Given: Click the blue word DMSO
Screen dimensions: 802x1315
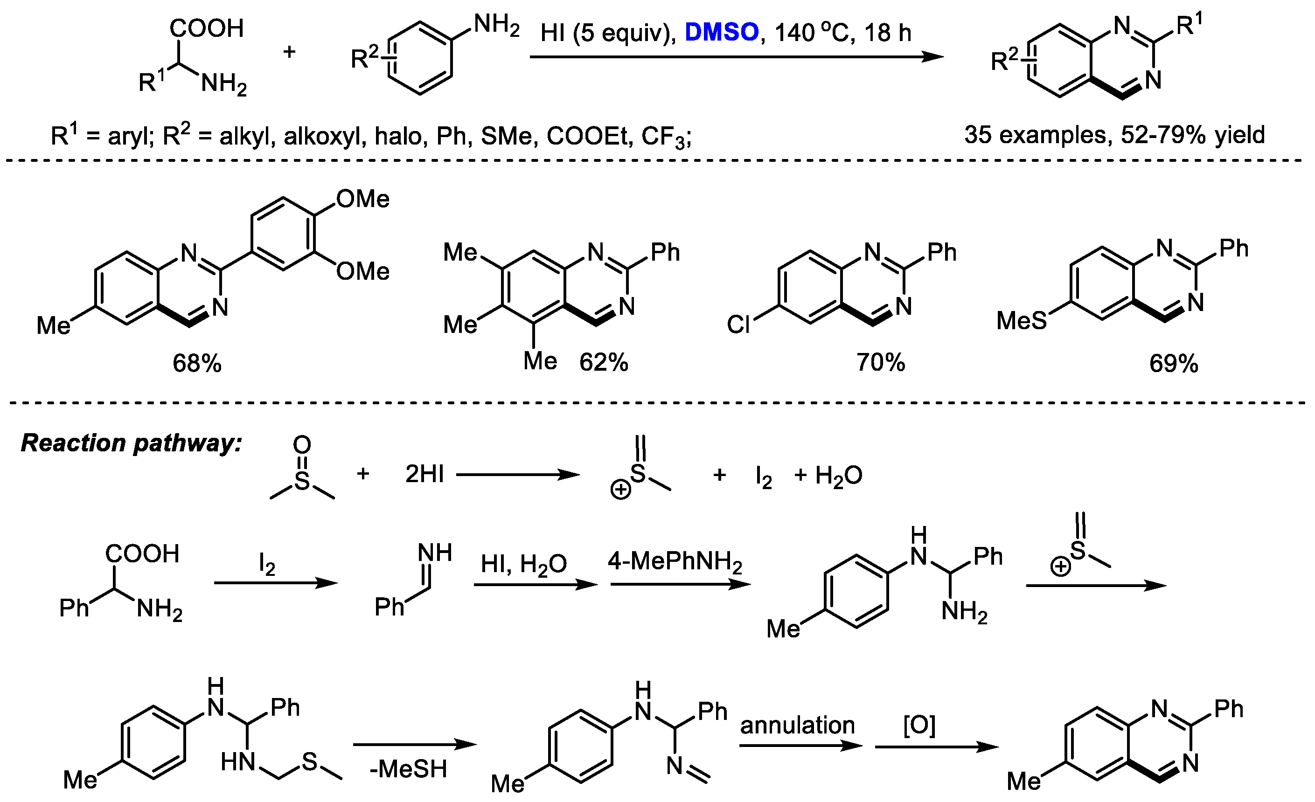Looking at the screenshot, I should pyautogui.click(x=721, y=33).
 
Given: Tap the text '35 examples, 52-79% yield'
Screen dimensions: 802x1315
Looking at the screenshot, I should pyautogui.click(x=1114, y=135).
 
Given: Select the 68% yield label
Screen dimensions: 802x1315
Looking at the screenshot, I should pyautogui.click(x=196, y=364).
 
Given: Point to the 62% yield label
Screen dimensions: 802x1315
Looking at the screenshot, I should pyautogui.click(x=603, y=363).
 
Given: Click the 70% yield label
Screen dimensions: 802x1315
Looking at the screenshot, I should pyautogui.click(x=881, y=363).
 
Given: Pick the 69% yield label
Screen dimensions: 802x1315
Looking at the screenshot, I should pyautogui.click(x=1173, y=364).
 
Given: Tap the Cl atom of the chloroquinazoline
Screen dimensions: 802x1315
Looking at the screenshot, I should pyautogui.click(x=738, y=325).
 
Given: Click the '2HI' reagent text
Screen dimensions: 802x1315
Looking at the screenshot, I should pyautogui.click(x=424, y=474).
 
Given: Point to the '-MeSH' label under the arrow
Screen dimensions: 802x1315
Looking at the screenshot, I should pyautogui.click(x=408, y=769).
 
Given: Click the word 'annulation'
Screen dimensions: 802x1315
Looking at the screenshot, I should pyautogui.click(x=797, y=725).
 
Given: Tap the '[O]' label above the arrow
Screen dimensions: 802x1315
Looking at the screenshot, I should pyautogui.click(x=919, y=725).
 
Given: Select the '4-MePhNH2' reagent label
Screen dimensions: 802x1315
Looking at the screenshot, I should pyautogui.click(x=675, y=562).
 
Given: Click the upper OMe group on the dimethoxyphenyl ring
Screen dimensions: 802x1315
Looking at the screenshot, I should pyautogui.click(x=363, y=200).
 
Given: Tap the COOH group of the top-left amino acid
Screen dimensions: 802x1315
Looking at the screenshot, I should pyautogui.click(x=207, y=29).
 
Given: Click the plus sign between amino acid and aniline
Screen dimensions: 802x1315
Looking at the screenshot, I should pyautogui.click(x=289, y=52).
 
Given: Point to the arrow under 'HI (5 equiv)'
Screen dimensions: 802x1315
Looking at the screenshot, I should pyautogui.click(x=737, y=56).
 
